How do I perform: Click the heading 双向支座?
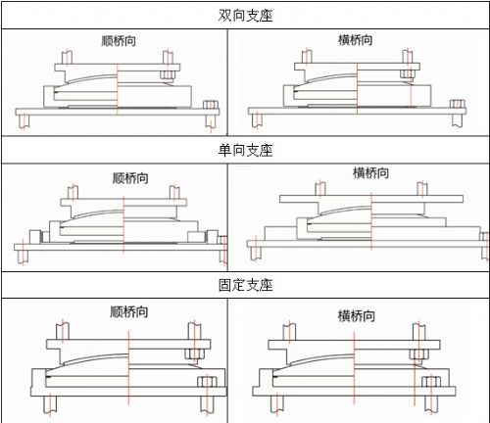245,16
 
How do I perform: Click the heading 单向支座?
245,150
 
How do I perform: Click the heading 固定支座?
245,285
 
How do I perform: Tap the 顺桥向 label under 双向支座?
119,41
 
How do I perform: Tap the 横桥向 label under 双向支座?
356,40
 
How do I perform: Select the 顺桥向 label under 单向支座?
130,178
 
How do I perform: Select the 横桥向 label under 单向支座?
370,173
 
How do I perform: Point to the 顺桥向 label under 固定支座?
128,311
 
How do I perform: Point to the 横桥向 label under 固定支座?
356,316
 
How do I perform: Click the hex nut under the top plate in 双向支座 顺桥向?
168,75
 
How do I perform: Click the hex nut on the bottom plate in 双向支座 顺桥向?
211,105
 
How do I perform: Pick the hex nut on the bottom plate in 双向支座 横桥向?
458,104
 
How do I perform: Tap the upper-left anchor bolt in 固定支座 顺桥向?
63,331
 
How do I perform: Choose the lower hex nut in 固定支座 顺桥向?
207,382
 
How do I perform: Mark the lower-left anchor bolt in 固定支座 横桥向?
277,404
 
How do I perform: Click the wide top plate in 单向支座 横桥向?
371,199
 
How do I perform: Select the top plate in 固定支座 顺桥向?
128,345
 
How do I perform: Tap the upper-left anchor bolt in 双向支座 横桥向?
307,57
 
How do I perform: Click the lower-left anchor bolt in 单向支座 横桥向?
256,254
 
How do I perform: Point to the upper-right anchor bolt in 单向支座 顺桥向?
174,192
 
